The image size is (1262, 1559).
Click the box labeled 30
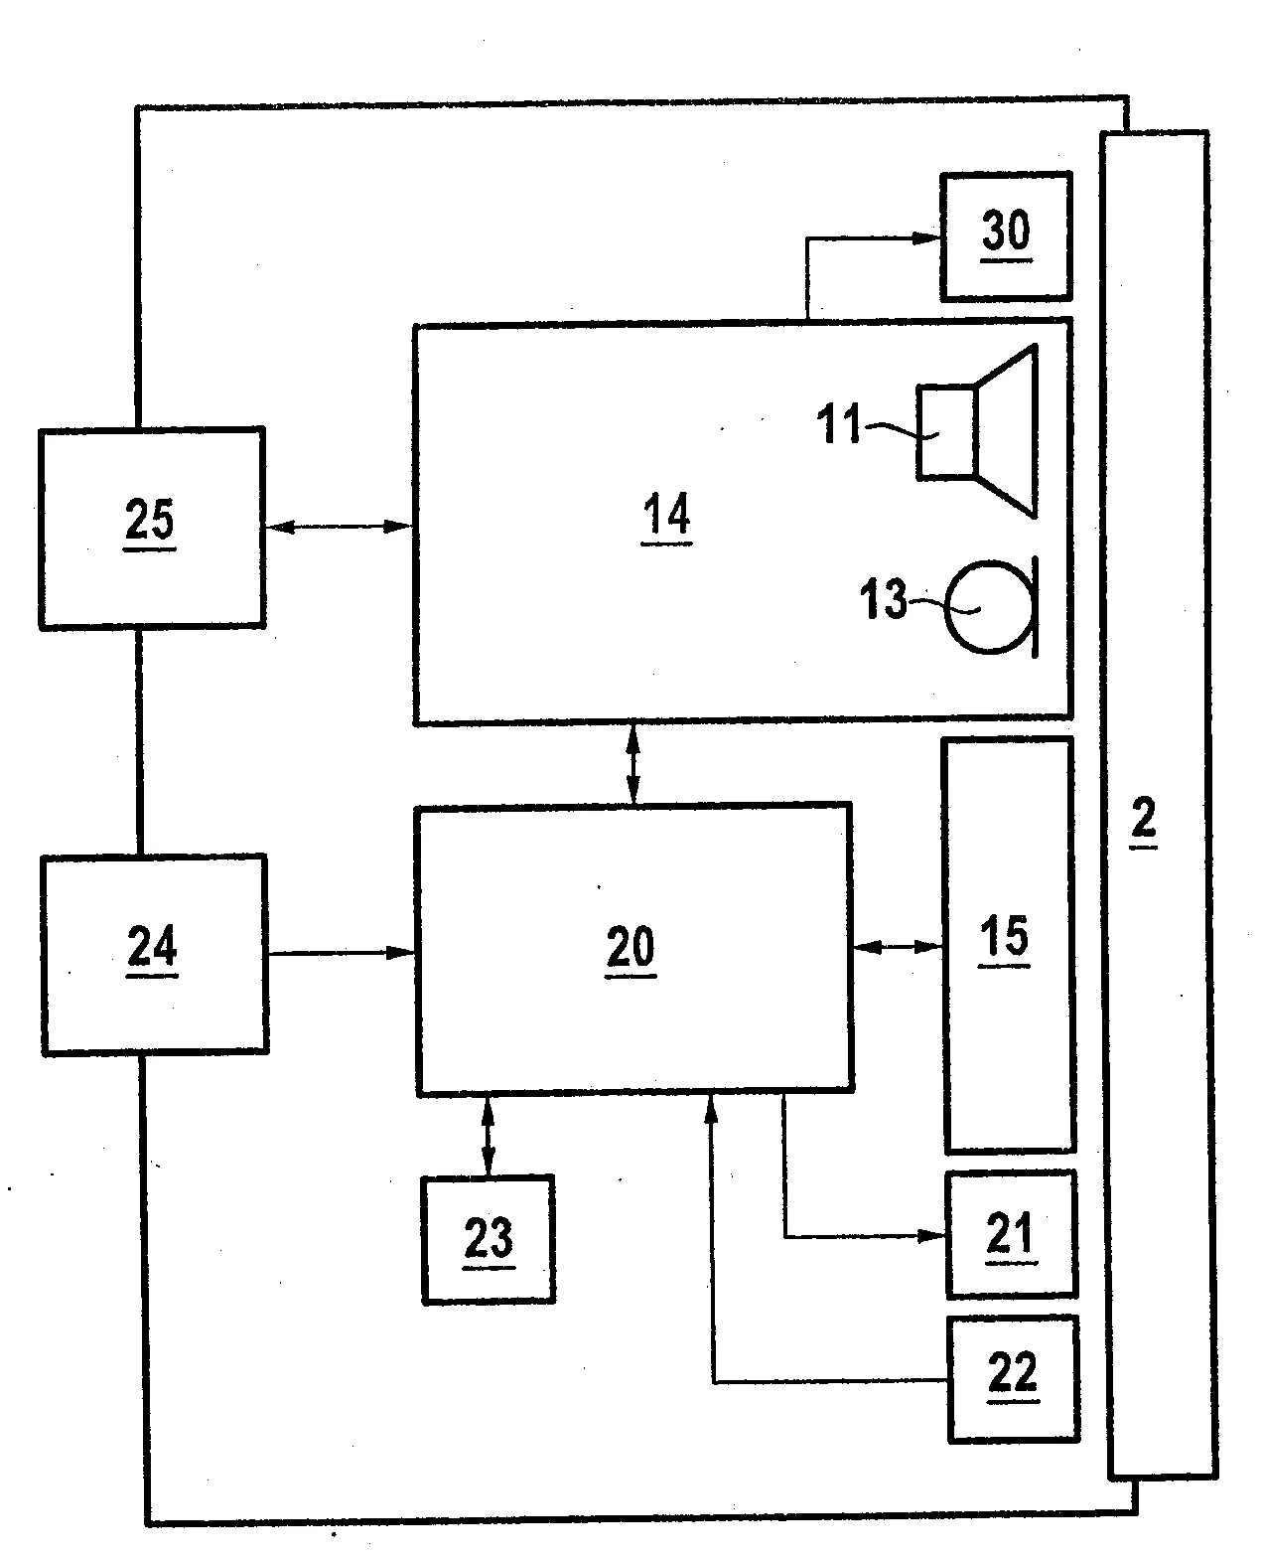coord(1006,236)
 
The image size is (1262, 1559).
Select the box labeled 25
coord(152,528)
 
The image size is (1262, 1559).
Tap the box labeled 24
coord(154,954)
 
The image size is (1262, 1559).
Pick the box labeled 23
coord(489,1240)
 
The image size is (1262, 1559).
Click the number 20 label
coord(631,949)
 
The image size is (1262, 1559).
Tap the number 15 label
coord(1004,938)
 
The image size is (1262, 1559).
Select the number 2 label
coord(1144,821)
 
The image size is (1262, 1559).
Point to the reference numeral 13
coord(884,598)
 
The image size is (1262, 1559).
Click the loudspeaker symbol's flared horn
coord(1006,431)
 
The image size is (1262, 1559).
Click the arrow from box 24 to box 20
coord(342,953)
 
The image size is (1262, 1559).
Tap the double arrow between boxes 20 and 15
coord(899,947)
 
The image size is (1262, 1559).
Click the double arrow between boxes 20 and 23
coord(488,1135)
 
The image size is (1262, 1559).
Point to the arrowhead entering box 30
coord(925,237)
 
